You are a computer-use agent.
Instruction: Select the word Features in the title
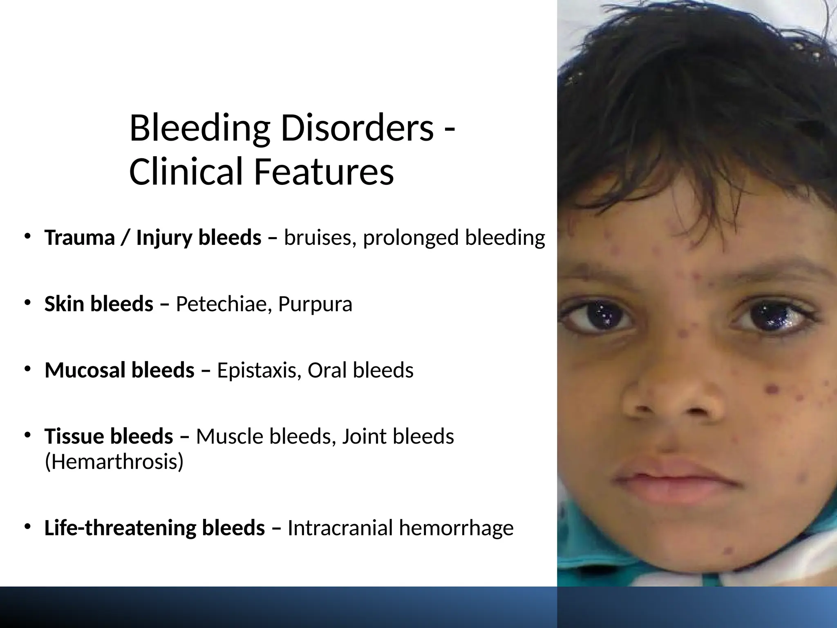pyautogui.click(x=324, y=171)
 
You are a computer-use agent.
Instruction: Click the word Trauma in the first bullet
pyautogui.click(x=80, y=238)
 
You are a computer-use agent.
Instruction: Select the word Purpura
pyautogui.click(x=315, y=304)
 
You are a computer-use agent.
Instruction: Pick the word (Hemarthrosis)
pyautogui.click(x=114, y=462)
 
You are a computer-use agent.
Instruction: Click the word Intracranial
pyautogui.click(x=340, y=527)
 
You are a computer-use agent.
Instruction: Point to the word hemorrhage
pyautogui.click(x=456, y=527)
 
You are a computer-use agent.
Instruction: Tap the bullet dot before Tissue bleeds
pyautogui.click(x=27, y=435)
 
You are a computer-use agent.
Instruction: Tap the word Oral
pyautogui.click(x=327, y=370)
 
